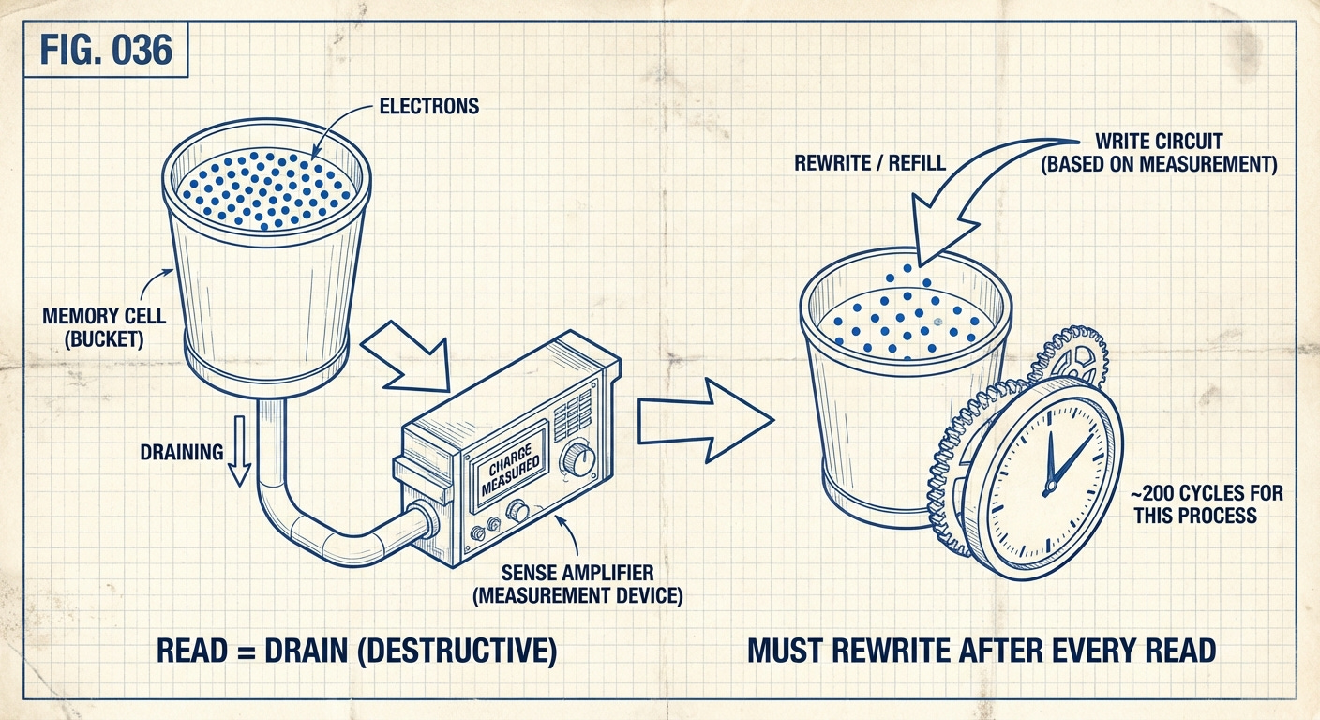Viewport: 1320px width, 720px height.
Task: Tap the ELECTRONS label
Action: point(428,106)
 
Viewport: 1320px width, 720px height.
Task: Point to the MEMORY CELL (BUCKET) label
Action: point(104,326)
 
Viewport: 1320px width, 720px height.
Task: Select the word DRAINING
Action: point(182,452)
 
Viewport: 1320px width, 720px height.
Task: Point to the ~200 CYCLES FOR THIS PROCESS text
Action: point(1207,504)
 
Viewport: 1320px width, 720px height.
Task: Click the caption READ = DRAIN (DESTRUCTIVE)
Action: point(356,651)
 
